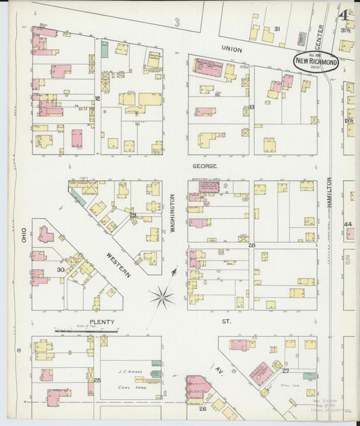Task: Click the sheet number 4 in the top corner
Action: pyautogui.click(x=344, y=14)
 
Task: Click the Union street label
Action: pyautogui.click(x=231, y=49)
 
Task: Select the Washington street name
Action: pyautogui.click(x=172, y=214)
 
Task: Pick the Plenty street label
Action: pyautogui.click(x=102, y=322)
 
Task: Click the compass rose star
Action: pyautogui.click(x=161, y=294)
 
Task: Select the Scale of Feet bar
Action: pyautogui.click(x=86, y=331)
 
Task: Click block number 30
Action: pyautogui.click(x=60, y=270)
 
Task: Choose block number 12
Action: pyautogui.click(x=97, y=99)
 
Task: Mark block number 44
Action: pyautogui.click(x=348, y=224)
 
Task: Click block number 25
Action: pyautogui.click(x=97, y=381)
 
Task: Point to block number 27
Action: pyautogui.click(x=286, y=371)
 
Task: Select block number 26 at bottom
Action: pyautogui.click(x=202, y=408)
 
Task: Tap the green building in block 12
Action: pyautogui.click(x=105, y=49)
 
